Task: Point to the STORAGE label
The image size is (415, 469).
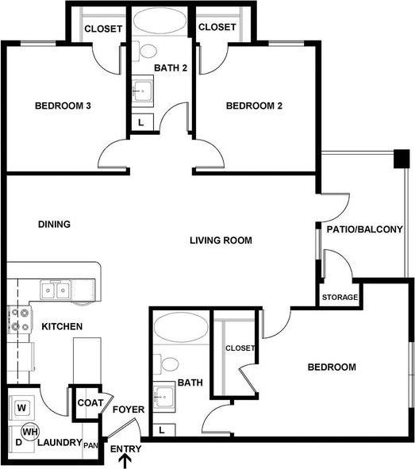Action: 340,298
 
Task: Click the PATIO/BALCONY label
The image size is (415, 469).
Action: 364,229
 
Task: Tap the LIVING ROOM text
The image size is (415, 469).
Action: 221,240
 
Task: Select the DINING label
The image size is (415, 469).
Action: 54,224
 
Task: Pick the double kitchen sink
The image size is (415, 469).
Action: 56,290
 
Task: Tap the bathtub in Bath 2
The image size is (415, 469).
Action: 162,21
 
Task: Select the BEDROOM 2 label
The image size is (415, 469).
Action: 255,106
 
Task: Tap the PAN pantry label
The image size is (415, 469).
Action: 91,444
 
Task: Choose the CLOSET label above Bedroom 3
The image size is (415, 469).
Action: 103,29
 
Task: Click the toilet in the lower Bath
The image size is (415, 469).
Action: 168,365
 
